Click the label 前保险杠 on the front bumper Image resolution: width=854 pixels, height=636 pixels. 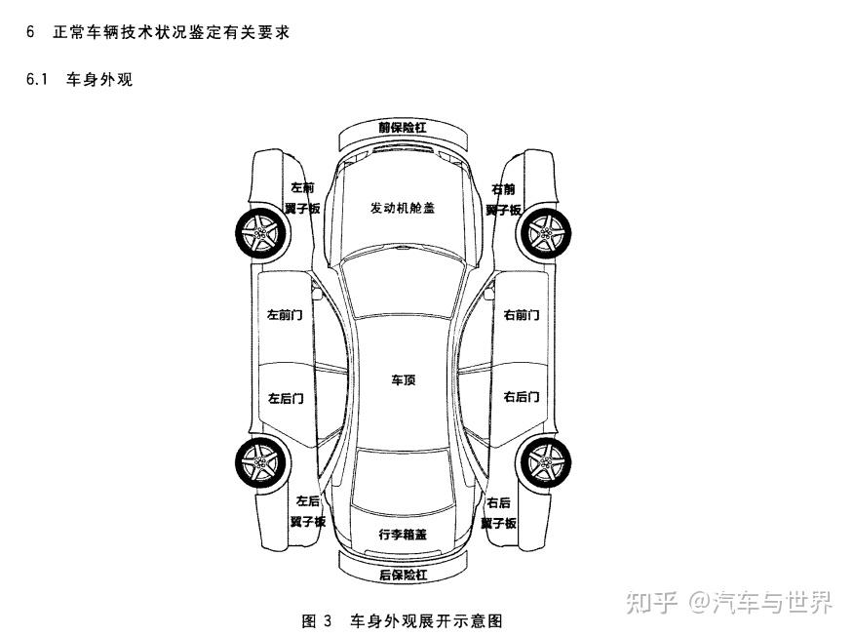click(x=403, y=127)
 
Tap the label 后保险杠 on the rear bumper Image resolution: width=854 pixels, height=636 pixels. click(x=403, y=575)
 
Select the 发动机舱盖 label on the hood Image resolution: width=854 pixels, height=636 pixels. click(x=402, y=208)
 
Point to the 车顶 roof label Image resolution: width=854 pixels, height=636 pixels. click(x=403, y=379)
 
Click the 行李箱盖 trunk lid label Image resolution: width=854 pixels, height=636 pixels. click(x=403, y=535)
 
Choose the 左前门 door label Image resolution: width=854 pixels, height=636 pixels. click(x=286, y=315)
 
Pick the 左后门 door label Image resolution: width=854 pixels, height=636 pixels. click(x=286, y=398)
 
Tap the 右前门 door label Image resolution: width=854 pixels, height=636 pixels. click(x=522, y=315)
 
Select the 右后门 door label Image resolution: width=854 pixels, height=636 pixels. click(x=522, y=397)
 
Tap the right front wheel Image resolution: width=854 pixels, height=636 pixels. click(x=544, y=233)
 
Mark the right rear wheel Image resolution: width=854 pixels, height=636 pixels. click(x=544, y=461)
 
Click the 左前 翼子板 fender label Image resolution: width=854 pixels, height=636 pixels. click(x=302, y=198)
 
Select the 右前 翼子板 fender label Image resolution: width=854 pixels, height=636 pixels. click(x=503, y=199)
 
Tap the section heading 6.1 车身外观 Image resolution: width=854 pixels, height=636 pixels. click(x=80, y=79)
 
